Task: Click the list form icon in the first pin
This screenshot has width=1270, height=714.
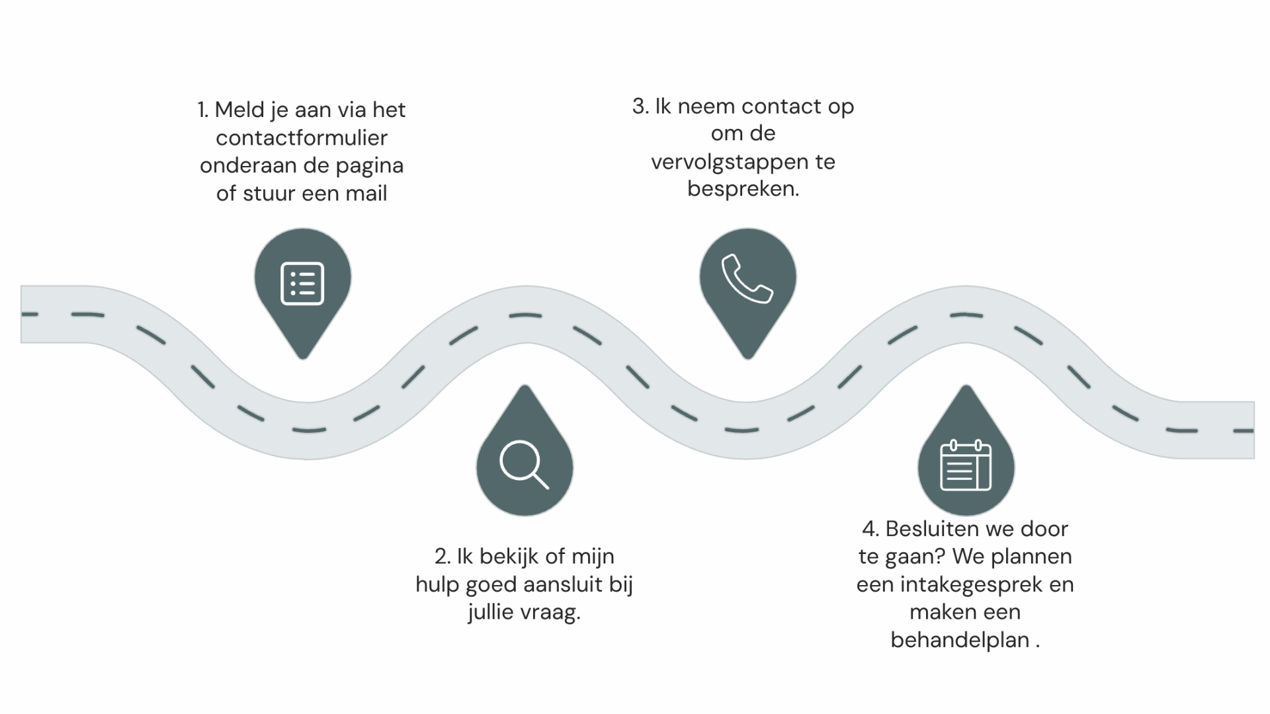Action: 302,284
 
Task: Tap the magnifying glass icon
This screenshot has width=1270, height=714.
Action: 523,464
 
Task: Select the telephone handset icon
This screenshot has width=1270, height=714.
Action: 747,279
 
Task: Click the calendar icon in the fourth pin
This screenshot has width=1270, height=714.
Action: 965,465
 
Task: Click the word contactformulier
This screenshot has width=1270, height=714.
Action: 302,138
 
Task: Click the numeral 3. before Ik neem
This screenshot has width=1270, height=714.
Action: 640,106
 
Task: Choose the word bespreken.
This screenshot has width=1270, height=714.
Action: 743,189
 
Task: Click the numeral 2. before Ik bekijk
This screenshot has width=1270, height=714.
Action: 443,557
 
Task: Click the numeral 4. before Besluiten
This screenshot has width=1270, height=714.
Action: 870,529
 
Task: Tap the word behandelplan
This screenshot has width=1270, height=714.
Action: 960,640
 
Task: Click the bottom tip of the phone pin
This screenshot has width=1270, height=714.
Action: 747,357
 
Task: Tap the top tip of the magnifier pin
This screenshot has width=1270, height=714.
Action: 525,387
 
